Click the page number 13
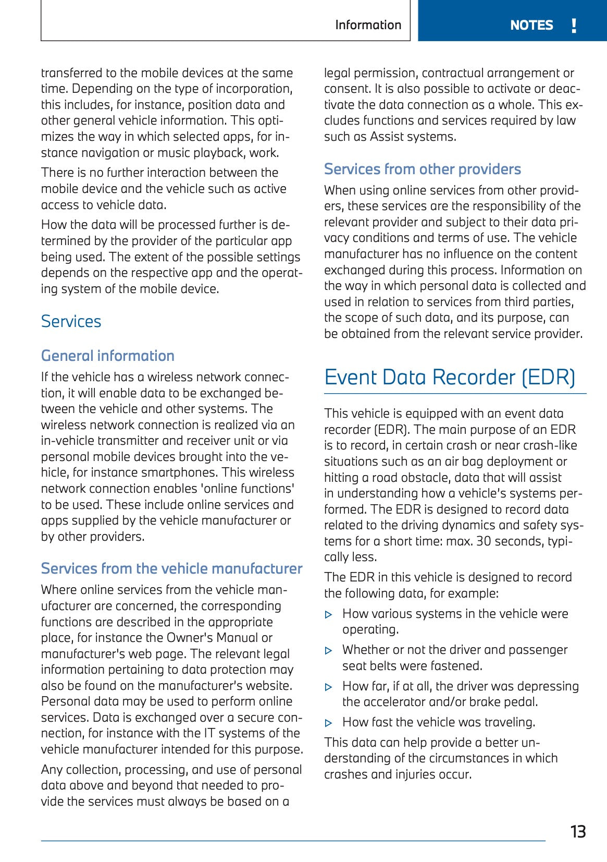click(x=578, y=831)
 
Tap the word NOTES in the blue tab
click(x=531, y=25)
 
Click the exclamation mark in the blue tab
click(x=574, y=25)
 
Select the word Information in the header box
click(x=368, y=25)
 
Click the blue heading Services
click(x=71, y=321)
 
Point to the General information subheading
click(x=108, y=356)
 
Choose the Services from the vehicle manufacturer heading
click(x=171, y=568)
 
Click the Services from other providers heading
click(x=422, y=169)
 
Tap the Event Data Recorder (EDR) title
click(x=450, y=377)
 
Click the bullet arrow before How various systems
click(x=329, y=615)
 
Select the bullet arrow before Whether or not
click(x=329, y=651)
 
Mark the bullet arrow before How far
click(x=329, y=687)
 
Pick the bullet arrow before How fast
click(x=329, y=723)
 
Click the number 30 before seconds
click(x=484, y=541)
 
